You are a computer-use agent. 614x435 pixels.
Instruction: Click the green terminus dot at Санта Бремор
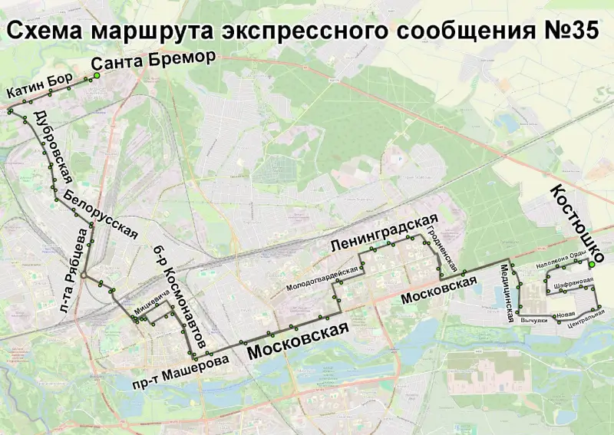97,76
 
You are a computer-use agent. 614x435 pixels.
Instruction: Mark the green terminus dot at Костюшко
591,265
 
